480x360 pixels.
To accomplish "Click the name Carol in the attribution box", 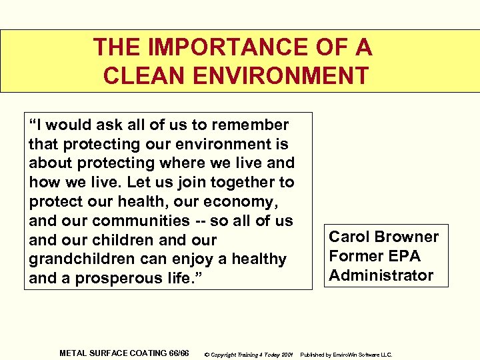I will click(351, 237).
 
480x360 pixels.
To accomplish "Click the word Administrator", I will click(381, 275).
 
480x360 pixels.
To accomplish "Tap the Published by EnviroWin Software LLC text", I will click(347, 354).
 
